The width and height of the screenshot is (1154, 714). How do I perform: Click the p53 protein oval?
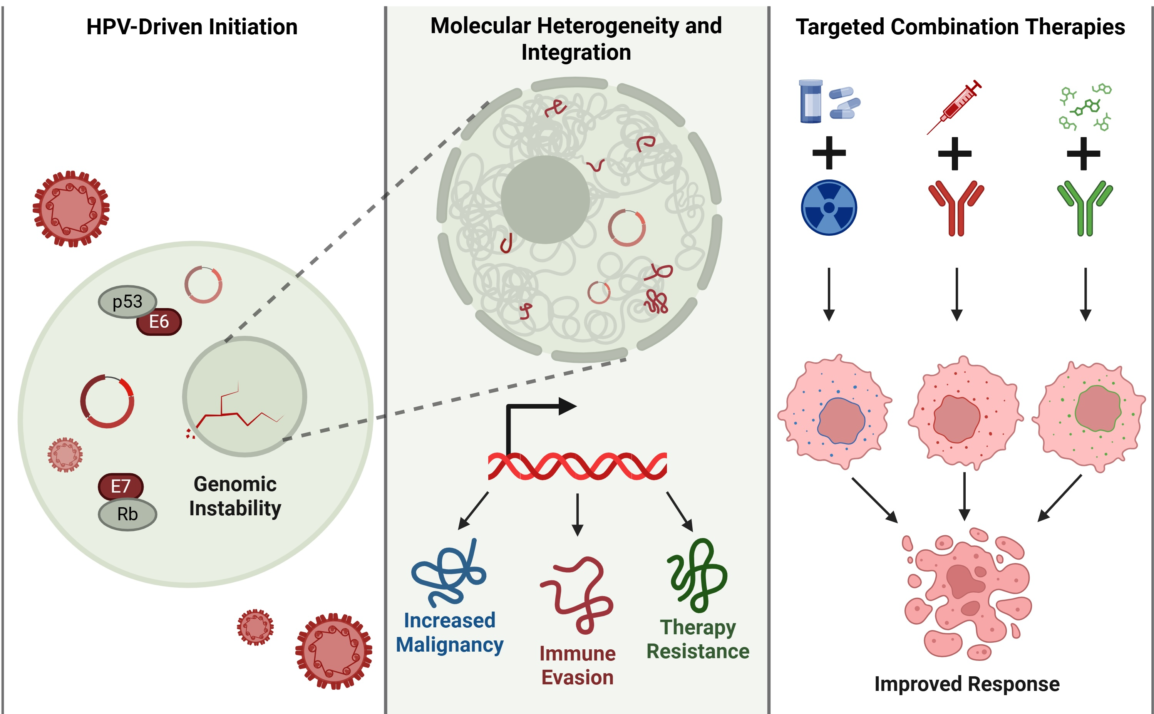[x=127, y=301]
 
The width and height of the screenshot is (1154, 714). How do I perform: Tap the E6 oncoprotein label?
[x=159, y=322]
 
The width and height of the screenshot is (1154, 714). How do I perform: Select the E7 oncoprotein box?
[x=121, y=486]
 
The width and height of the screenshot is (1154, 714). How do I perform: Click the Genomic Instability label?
[x=235, y=496]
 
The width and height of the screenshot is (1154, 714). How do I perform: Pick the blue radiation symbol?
[x=829, y=207]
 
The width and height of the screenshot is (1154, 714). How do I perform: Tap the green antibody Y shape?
[x=1085, y=208]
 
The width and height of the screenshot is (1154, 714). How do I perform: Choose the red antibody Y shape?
[x=956, y=208]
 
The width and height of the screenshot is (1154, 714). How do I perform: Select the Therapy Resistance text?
[x=698, y=639]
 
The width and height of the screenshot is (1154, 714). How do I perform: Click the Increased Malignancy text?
[x=449, y=633]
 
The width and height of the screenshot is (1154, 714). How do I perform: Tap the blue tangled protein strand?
[x=449, y=573]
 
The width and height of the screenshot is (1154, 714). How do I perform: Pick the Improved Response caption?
[x=966, y=684]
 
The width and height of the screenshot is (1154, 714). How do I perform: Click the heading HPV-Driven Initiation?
[x=192, y=27]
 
